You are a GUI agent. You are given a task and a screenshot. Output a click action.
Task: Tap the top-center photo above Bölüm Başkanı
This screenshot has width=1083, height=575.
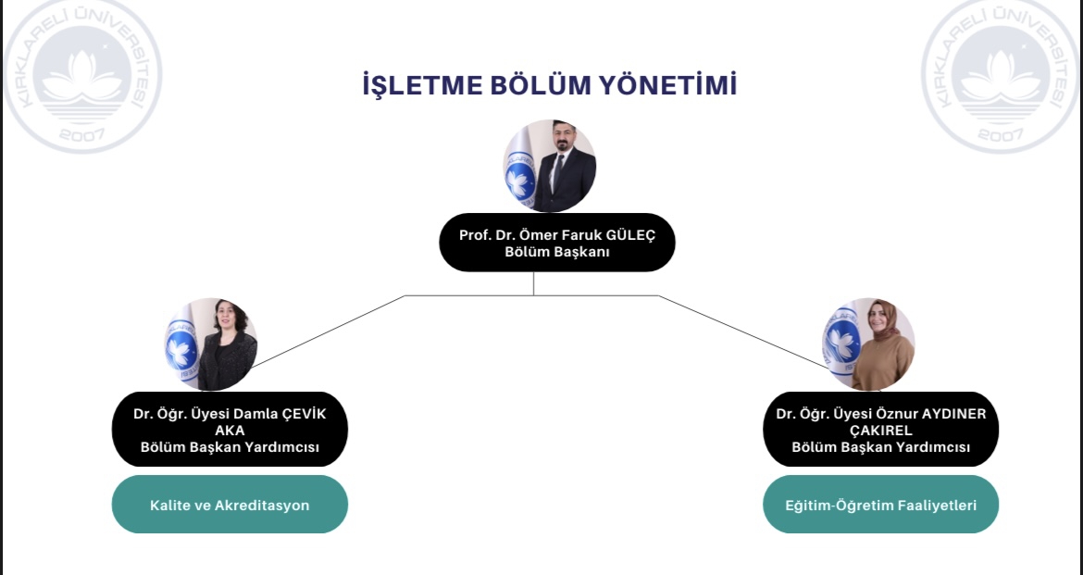click(x=550, y=166)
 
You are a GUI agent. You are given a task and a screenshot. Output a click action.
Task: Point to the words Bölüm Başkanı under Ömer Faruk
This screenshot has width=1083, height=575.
click(x=556, y=252)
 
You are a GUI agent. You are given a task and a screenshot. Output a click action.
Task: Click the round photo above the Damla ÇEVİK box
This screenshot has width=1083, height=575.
click(x=211, y=344)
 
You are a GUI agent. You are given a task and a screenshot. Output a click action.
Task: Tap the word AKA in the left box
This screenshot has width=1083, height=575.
click(x=230, y=431)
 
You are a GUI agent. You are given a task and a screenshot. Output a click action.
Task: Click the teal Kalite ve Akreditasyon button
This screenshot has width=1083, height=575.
click(x=230, y=505)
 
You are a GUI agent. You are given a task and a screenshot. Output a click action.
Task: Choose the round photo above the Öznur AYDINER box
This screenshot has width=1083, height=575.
click(x=868, y=344)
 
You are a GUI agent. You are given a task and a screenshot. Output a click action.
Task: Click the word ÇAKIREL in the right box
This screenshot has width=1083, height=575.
click(x=880, y=431)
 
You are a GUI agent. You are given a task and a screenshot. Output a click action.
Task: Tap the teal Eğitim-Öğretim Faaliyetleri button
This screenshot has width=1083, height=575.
click(x=880, y=505)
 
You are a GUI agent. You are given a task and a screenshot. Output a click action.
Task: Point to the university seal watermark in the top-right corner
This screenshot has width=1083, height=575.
click(x=1001, y=75)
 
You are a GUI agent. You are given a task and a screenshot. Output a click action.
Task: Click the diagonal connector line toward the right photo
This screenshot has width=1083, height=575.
click(x=743, y=331)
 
